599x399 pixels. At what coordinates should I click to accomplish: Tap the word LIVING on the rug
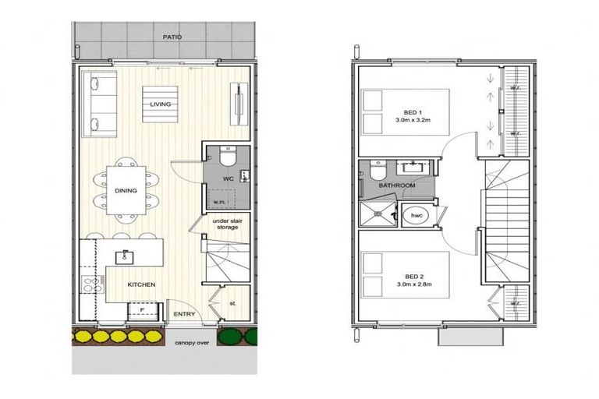pyautogui.click(x=161, y=104)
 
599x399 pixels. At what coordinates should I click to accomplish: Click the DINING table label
pyautogui.click(x=126, y=189)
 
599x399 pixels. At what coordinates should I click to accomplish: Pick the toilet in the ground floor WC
pyautogui.click(x=226, y=159)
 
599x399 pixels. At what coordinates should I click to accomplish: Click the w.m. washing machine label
pyautogui.click(x=220, y=202)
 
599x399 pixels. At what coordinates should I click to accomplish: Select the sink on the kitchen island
pyautogui.click(x=123, y=256)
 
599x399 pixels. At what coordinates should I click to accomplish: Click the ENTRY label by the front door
pyautogui.click(x=185, y=313)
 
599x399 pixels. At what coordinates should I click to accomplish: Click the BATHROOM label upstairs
pyautogui.click(x=396, y=186)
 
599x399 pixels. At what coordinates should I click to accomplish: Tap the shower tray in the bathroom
pyautogui.click(x=377, y=212)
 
